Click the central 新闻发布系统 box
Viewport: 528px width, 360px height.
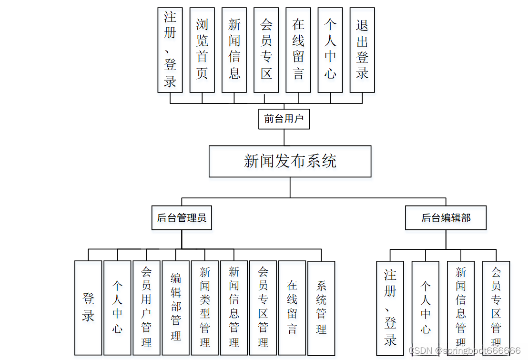click(290, 161)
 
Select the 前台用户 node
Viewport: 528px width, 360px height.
click(284, 119)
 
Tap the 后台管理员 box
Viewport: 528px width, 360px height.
click(182, 218)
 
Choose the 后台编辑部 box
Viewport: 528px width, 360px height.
click(446, 218)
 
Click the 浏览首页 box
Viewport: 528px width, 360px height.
click(202, 50)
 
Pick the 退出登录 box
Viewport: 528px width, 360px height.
click(362, 50)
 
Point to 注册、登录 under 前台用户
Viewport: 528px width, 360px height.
click(170, 50)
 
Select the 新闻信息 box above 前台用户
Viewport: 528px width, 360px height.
click(234, 50)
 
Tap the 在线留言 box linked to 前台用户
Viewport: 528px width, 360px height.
click(298, 50)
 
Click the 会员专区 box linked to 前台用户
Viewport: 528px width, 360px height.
click(266, 50)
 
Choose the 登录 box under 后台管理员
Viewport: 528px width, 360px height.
click(88, 308)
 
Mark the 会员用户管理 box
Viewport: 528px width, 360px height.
click(146, 308)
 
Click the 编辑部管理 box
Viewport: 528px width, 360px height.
click(176, 308)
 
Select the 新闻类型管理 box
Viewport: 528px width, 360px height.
click(205, 308)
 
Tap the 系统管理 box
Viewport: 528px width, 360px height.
click(321, 308)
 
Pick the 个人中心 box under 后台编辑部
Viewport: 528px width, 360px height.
click(426, 308)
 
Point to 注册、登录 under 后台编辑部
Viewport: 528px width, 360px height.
click(390, 308)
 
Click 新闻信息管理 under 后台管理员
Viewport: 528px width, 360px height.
click(234, 308)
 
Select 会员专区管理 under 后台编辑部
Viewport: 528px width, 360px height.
click(496, 308)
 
